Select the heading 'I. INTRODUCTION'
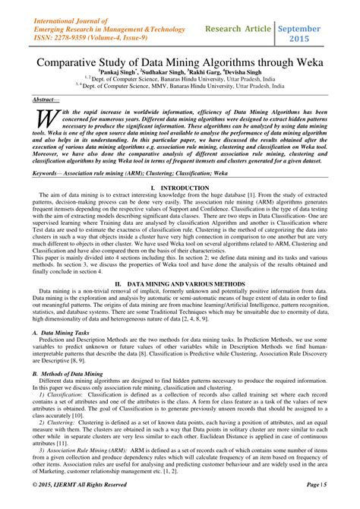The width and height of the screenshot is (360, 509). coord(180,207)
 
